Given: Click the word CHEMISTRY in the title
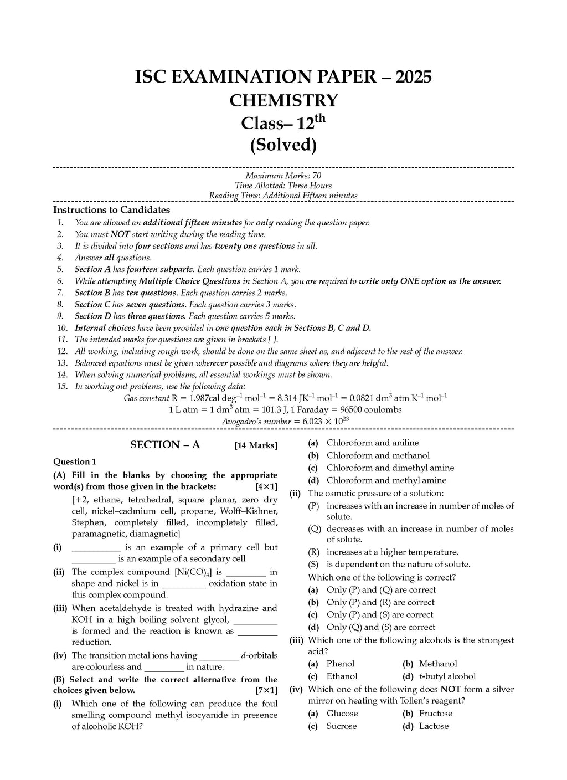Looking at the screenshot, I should pos(283,101).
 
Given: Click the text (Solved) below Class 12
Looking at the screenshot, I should pos(283,145).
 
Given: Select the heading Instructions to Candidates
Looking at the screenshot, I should pos(111,210).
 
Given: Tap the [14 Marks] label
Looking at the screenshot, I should pos(256,445).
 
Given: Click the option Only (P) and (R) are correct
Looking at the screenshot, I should pos(380,602).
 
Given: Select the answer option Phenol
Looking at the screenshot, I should pos(341,664).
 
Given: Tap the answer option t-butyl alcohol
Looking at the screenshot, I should pos(447,676).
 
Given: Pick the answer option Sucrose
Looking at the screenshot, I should pos(342,726).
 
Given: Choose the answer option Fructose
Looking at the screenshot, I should pos(436,714).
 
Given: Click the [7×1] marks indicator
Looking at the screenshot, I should pos(266,691).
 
